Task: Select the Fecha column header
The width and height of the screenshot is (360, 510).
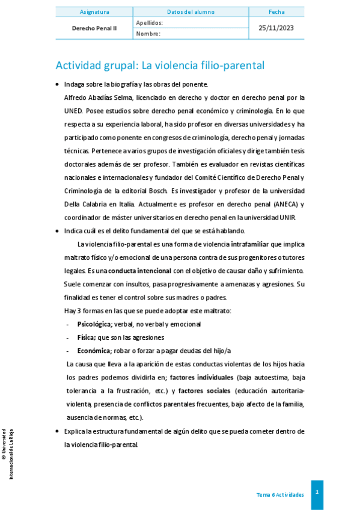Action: point(277,11)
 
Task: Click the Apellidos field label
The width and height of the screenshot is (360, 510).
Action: point(149,22)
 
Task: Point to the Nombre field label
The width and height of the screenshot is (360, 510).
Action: point(148,34)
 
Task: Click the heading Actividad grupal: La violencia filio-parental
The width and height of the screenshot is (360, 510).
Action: point(160,65)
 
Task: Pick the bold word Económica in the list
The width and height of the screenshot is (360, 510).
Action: point(94,350)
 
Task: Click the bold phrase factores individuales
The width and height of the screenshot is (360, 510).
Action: point(201,377)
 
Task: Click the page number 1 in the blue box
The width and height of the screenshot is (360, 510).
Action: point(317,492)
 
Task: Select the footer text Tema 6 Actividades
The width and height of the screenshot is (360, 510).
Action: point(280,494)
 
